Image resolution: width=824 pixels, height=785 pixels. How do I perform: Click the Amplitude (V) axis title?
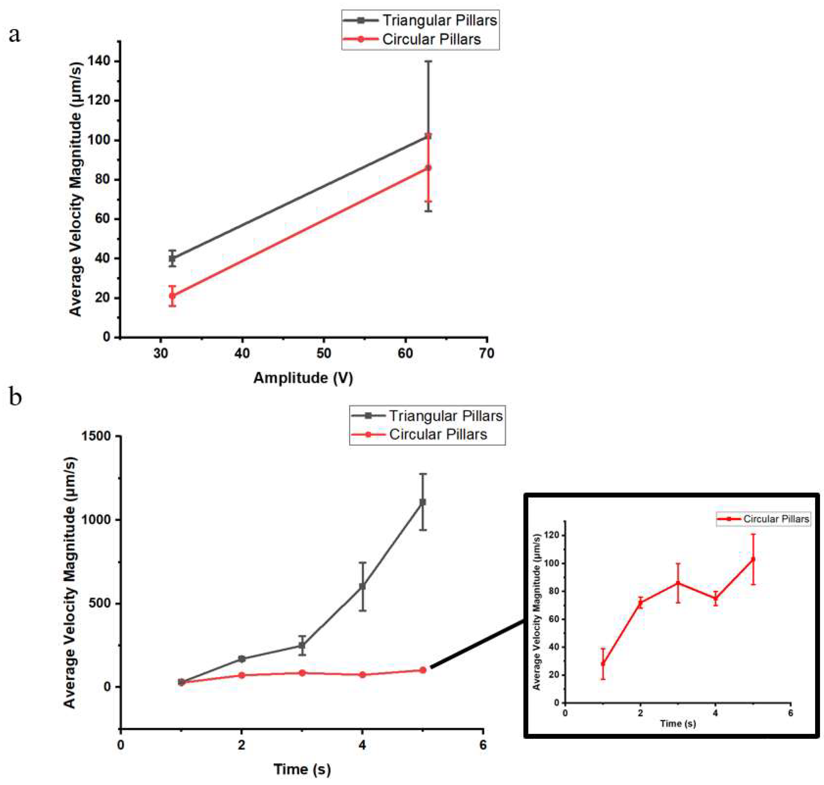click(303, 378)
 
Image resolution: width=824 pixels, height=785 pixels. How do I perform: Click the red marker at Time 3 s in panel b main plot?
click(302, 673)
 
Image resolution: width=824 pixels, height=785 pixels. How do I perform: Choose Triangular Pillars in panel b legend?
click(446, 415)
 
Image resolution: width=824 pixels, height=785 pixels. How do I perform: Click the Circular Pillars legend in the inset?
click(776, 519)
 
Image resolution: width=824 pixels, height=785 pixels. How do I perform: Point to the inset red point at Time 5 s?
click(753, 559)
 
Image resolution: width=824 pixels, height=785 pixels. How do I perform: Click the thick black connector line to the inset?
click(477, 644)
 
